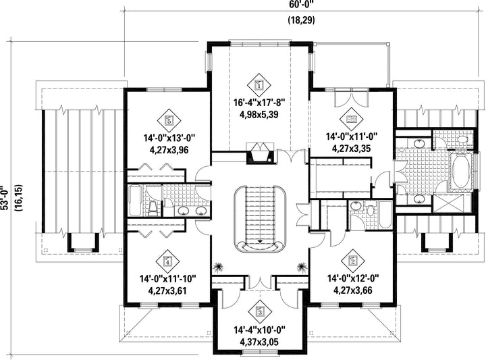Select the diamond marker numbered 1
pyautogui.click(x=260, y=84)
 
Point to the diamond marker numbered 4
pyautogui.click(x=167, y=257)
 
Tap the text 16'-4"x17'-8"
pyautogui.click(x=260, y=103)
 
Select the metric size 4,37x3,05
pyautogui.click(x=260, y=342)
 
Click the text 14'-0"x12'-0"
pyautogui.click(x=352, y=278)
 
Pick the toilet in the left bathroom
pyautogui.click(x=153, y=207)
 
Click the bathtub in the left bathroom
pyautogui.click(x=134, y=201)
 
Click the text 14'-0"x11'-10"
pyautogui.click(x=167, y=278)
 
